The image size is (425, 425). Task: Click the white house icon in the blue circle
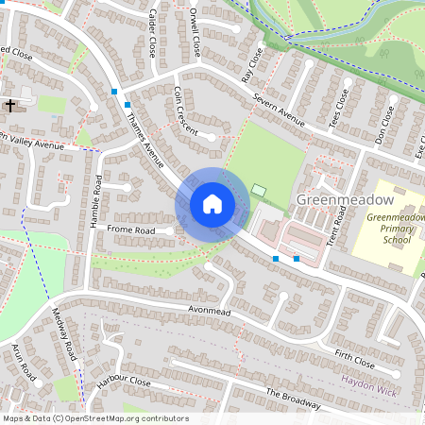coord(212,204)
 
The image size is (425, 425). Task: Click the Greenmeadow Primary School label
coord(396,229)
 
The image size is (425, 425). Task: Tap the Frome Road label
coord(130,229)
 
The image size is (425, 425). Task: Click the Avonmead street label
coord(209,310)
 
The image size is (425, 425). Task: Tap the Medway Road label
coord(63,336)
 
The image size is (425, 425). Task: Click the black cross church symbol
coord(11,106)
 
